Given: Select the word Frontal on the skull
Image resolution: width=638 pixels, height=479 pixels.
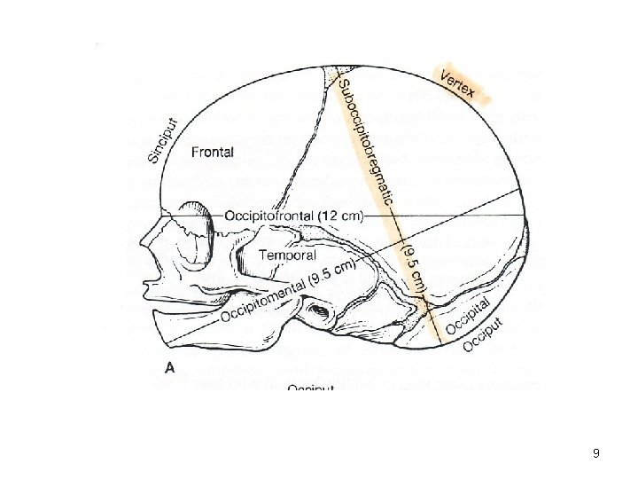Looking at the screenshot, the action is pos(213,153).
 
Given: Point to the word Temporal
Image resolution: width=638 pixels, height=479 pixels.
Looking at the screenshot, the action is pos(287,255).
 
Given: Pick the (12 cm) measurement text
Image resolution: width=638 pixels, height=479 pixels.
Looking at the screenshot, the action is pos(360,215).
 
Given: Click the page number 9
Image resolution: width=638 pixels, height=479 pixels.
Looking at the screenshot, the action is pos(596,453).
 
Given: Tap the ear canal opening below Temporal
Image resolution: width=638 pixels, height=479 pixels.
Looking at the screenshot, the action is pos(316,310).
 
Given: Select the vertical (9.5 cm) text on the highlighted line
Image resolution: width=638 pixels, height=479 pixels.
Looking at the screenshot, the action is pos(415,265).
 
